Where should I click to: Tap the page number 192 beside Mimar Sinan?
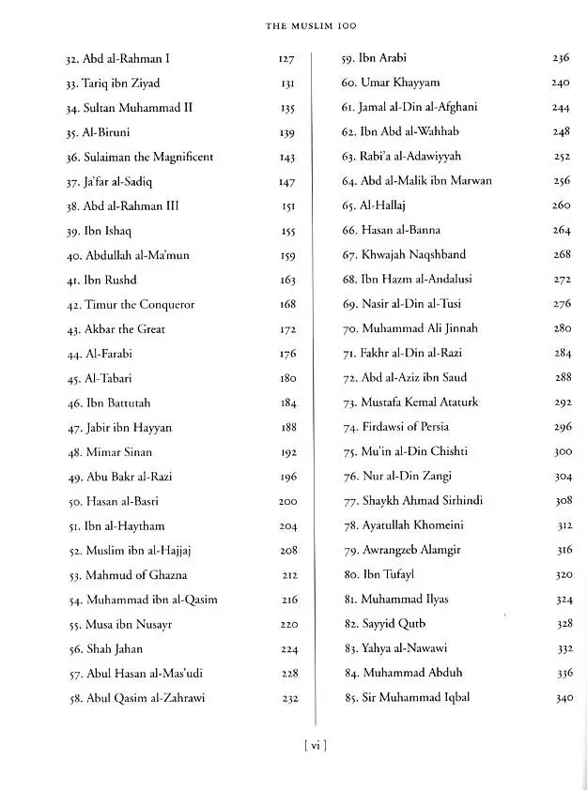(x=287, y=452)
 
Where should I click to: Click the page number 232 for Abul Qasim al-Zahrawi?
(x=287, y=698)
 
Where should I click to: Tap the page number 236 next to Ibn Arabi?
(x=561, y=58)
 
